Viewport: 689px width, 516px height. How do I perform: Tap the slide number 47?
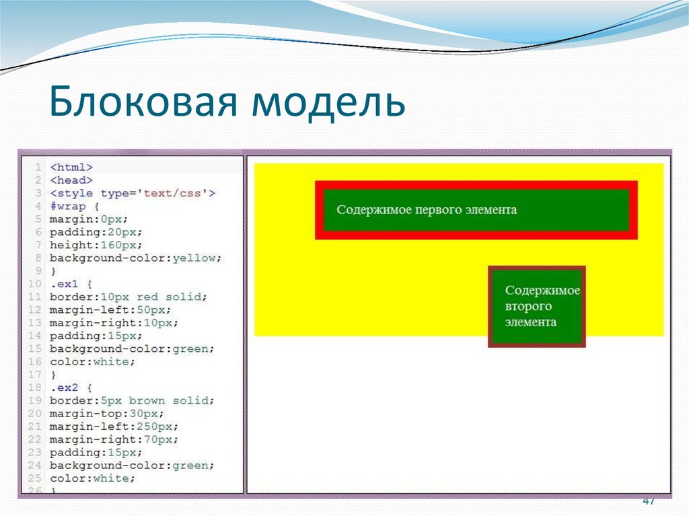pyautogui.click(x=649, y=501)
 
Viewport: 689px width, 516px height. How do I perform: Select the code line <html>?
pyautogui.click(x=71, y=167)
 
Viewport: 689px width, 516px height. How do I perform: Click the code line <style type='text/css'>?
pyautogui.click(x=133, y=193)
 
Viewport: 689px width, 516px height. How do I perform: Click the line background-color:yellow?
pyautogui.click(x=135, y=258)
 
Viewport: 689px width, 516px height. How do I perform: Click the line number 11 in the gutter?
pyautogui.click(x=36, y=297)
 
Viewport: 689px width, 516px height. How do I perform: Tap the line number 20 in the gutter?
pyautogui.click(x=36, y=414)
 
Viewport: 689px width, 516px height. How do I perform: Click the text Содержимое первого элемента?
pyautogui.click(x=427, y=210)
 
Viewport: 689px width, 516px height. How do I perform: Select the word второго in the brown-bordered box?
pyautogui.click(x=528, y=306)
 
